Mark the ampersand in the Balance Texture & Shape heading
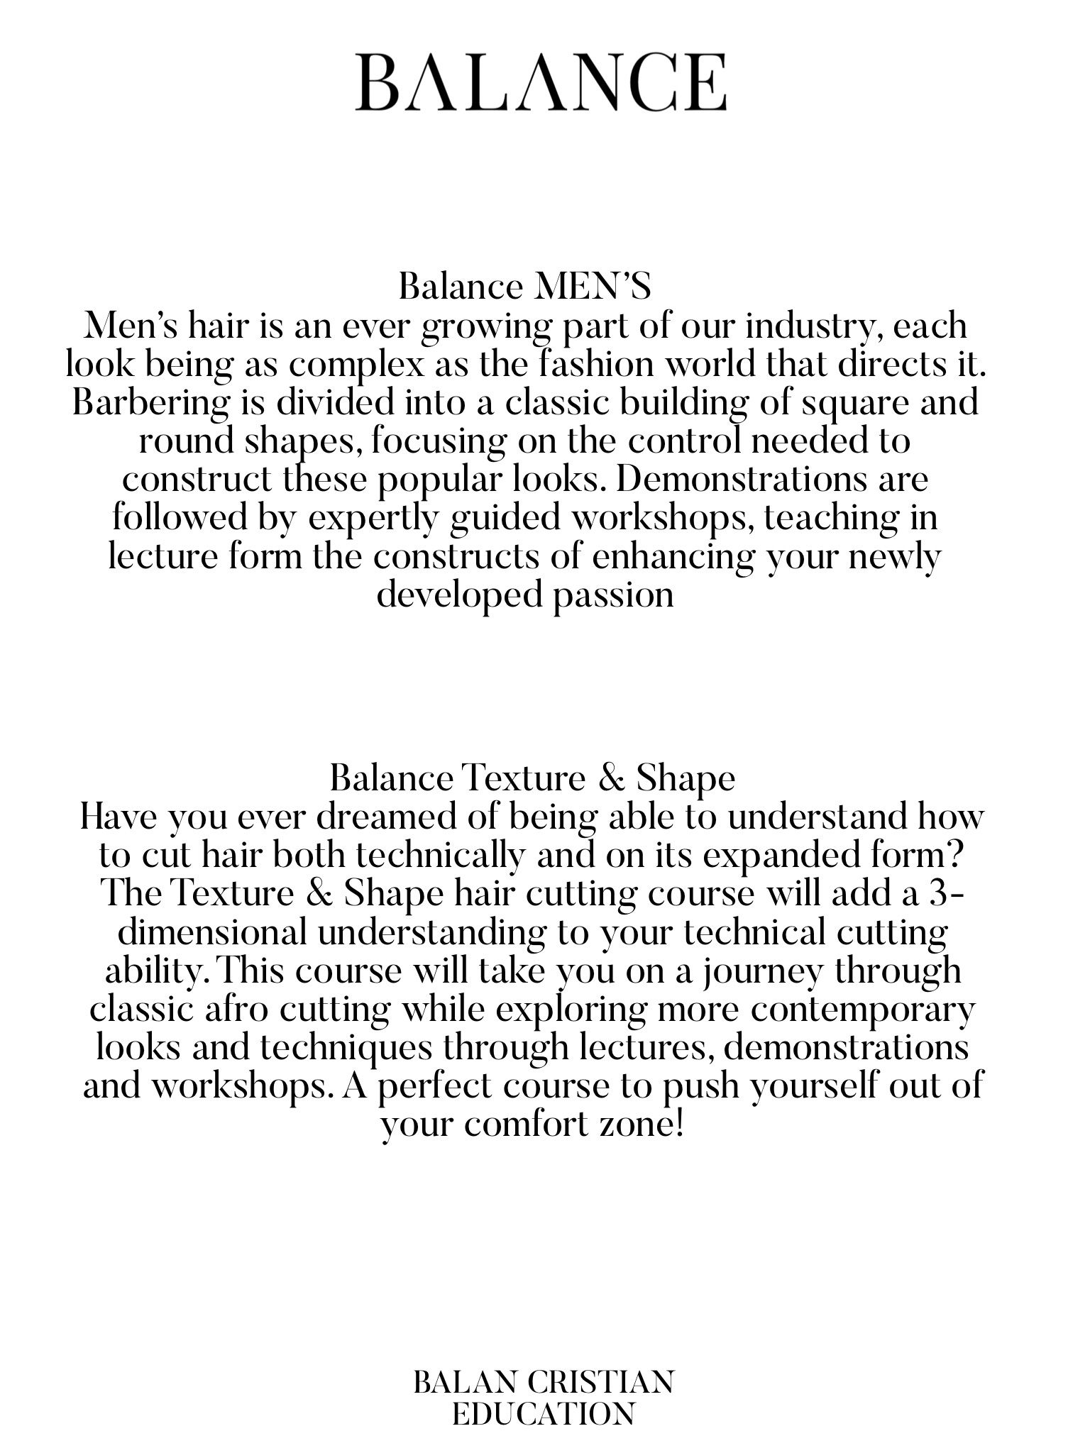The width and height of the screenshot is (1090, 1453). coord(610,779)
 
